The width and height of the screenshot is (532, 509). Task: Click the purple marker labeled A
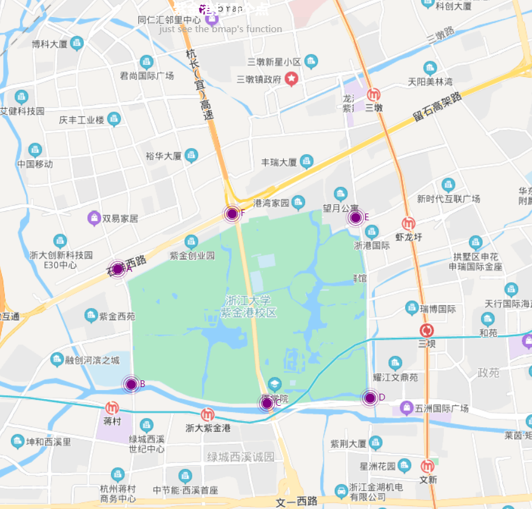pyautogui.click(x=118, y=269)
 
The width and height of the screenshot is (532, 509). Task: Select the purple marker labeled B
pyautogui.click(x=131, y=384)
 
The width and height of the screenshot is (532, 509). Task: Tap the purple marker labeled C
pyautogui.click(x=267, y=402)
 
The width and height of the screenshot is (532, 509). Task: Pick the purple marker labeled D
pyautogui.click(x=370, y=398)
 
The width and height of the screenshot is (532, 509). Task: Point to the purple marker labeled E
pyautogui.click(x=355, y=217)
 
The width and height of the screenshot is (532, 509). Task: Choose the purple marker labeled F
pyautogui.click(x=231, y=213)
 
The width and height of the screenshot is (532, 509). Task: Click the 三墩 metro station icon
pyautogui.click(x=374, y=95)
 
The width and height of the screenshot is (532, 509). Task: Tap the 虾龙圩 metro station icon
pyautogui.click(x=408, y=223)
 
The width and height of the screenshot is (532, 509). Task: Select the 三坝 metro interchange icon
pyautogui.click(x=427, y=331)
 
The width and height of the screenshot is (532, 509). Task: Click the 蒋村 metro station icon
pyautogui.click(x=112, y=407)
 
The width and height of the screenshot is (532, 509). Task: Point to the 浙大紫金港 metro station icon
pyautogui.click(x=208, y=414)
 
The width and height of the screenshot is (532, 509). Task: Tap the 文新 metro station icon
pyautogui.click(x=428, y=466)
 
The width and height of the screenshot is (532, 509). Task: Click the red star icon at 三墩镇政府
pyautogui.click(x=292, y=78)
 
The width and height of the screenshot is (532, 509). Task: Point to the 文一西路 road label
pyautogui.click(x=297, y=501)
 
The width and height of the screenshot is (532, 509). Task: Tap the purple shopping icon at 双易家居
pyautogui.click(x=94, y=217)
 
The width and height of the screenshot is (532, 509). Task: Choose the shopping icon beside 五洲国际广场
pyautogui.click(x=405, y=408)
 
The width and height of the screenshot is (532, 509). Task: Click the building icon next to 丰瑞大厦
pyautogui.click(x=307, y=161)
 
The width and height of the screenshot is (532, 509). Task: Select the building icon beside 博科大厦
pyautogui.click(x=76, y=43)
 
